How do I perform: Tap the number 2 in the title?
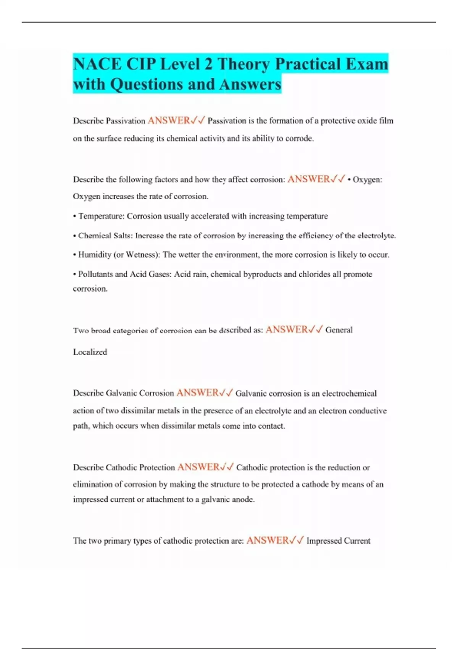coord(208,64)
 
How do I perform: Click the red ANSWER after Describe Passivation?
coord(169,121)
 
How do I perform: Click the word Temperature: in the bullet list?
coord(101,216)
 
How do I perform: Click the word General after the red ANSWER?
coord(339,330)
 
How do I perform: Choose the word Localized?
coord(90,352)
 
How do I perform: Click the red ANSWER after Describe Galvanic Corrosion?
coord(197,393)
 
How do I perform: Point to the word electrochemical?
coord(349,394)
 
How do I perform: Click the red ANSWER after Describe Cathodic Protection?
coord(198,467)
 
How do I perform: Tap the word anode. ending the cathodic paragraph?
coord(243,499)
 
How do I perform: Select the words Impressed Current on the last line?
coord(338,541)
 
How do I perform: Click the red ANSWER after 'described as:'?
coord(286,330)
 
